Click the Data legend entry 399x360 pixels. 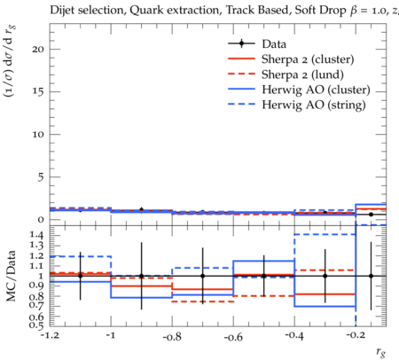pos(274,44)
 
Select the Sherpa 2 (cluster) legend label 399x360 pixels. pos(308,59)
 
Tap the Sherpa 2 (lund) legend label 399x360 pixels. pos(302,74)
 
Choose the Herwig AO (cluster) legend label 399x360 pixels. pos(316,90)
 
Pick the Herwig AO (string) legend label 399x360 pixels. pos(314,105)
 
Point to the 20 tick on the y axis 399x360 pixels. pos(38,49)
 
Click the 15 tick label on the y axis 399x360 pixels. pos(38,91)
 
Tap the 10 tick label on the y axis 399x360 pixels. pos(38,134)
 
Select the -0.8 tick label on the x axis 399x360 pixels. pos(173,336)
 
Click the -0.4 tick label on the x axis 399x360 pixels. pos(294,336)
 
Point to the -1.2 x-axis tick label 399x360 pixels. pos(50,335)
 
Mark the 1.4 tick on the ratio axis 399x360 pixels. pos(36,235)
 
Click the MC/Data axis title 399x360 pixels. pos(11,276)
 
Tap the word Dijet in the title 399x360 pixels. pos(62,11)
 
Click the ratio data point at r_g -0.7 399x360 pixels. pos(203,276)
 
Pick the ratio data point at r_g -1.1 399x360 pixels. pos(80,276)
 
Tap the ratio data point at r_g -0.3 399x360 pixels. pos(325,276)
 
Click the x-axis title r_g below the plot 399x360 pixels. pos(381,352)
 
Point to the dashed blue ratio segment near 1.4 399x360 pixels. pos(325,234)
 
